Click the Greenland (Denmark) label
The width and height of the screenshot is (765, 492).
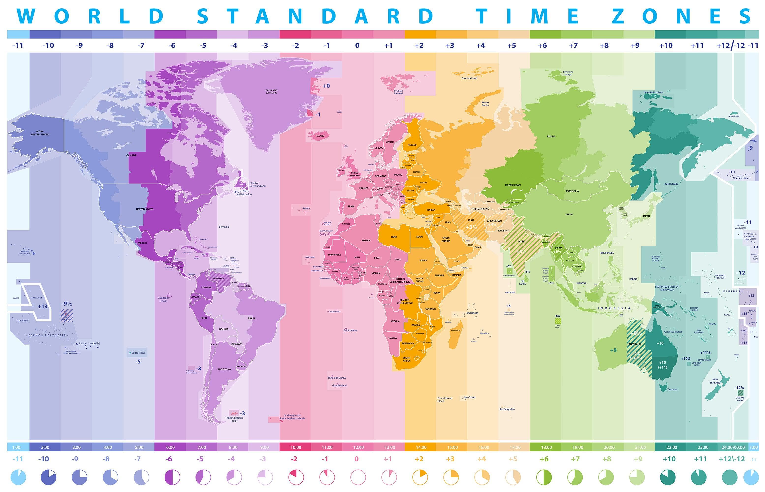[271, 91]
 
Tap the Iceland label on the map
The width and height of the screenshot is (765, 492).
[320, 136]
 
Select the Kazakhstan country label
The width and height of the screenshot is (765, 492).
[513, 185]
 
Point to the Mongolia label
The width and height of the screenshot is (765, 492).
[572, 191]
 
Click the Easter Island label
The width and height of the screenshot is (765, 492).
[138, 353]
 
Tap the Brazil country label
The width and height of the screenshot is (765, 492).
[252, 318]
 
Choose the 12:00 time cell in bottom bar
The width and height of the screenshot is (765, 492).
[359, 447]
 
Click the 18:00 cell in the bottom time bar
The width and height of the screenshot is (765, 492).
[546, 447]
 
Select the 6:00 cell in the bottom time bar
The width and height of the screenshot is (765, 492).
[170, 447]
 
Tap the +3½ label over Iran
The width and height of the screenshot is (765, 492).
[471, 227]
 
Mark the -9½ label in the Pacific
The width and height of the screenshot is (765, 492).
[66, 304]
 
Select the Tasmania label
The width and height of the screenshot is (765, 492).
[672, 389]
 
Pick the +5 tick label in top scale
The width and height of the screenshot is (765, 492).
[511, 45]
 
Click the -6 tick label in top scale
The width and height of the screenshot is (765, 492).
[172, 45]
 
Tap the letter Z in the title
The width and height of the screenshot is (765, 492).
[618, 16]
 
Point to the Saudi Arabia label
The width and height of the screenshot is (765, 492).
[446, 239]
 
